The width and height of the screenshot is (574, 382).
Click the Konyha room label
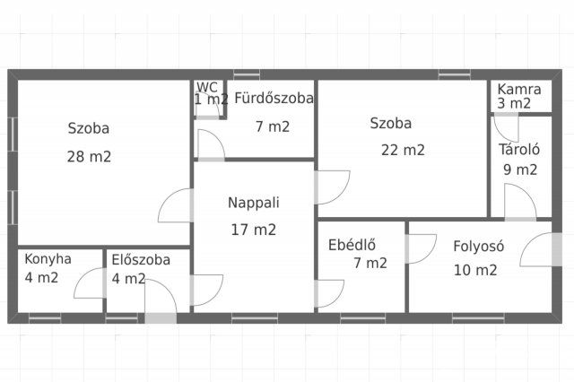(x=48, y=260)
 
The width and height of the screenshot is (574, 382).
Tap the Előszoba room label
(x=141, y=260)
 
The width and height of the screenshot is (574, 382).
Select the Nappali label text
(x=253, y=203)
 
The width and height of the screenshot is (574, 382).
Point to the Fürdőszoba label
(x=274, y=99)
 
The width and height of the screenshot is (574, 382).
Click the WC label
(x=207, y=87)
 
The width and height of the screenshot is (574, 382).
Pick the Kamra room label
(x=519, y=90)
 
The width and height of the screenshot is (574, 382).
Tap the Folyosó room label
(x=479, y=245)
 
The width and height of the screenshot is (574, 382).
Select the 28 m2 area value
(x=89, y=156)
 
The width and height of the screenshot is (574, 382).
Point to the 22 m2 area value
(x=403, y=150)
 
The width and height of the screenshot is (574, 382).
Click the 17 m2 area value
(x=253, y=229)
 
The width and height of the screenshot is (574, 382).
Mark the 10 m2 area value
(x=474, y=269)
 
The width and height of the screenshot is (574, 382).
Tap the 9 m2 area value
(x=519, y=169)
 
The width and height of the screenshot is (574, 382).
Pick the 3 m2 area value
(x=515, y=103)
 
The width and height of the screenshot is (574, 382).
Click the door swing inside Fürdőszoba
(x=210, y=145)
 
